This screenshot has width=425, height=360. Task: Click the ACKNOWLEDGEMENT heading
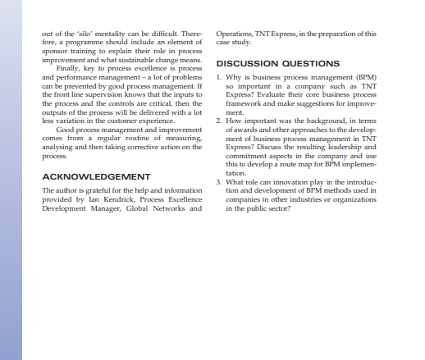click(x=95, y=176)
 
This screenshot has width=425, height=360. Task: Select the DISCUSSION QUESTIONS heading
click(x=277, y=63)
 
